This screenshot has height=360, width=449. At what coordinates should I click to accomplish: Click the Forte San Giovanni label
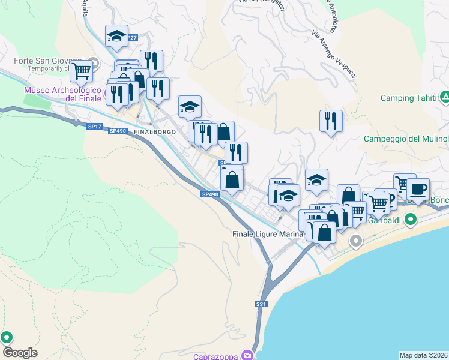click(49, 61)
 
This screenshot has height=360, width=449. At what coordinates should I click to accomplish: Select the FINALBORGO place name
click(155, 131)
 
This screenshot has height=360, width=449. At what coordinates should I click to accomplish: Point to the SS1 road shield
click(261, 305)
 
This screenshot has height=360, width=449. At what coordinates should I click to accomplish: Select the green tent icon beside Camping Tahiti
click(445, 97)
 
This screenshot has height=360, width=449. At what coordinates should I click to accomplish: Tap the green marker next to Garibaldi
click(411, 220)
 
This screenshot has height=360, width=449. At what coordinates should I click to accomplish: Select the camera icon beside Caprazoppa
click(246, 355)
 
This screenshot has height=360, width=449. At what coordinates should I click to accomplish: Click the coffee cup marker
click(418, 190)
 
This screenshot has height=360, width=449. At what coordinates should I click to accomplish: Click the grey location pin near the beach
click(356, 241)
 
